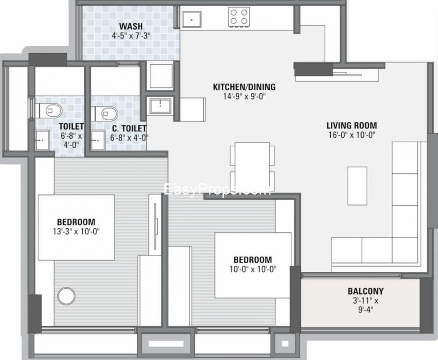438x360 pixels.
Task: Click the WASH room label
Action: click(131, 26)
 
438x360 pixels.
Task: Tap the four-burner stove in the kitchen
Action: click(239, 17)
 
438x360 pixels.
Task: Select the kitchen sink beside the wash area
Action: click(191, 19)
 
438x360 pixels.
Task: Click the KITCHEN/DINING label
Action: click(244, 87)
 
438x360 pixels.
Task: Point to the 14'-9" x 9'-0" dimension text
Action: click(244, 97)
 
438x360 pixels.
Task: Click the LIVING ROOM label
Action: click(352, 126)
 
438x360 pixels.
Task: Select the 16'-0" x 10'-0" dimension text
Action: click(352, 135)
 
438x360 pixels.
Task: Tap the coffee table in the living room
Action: click(357, 186)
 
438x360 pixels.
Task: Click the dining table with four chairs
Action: click(252, 166)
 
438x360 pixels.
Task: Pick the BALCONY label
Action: click(365, 291)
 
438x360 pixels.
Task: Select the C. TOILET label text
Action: click(129, 128)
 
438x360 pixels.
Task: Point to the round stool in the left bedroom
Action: click(66, 296)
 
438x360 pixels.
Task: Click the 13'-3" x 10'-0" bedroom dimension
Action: click(76, 232)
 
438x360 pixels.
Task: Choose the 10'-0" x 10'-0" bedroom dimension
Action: click(253, 270)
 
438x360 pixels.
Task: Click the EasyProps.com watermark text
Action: click(217, 189)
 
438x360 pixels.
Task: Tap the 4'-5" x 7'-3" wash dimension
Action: click(131, 36)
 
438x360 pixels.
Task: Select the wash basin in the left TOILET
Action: click(42, 140)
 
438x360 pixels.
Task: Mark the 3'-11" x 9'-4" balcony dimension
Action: click(365, 305)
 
